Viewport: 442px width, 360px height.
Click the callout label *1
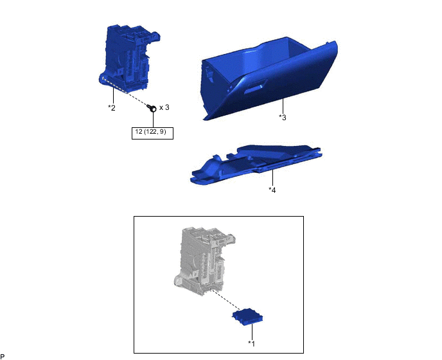(x=251, y=343)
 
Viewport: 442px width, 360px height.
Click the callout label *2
(x=112, y=107)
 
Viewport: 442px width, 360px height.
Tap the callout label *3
(x=283, y=117)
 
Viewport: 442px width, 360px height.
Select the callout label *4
(x=272, y=190)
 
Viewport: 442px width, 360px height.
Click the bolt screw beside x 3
(x=152, y=108)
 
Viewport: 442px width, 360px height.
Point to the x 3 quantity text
(x=164, y=107)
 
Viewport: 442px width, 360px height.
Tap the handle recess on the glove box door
(x=255, y=87)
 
